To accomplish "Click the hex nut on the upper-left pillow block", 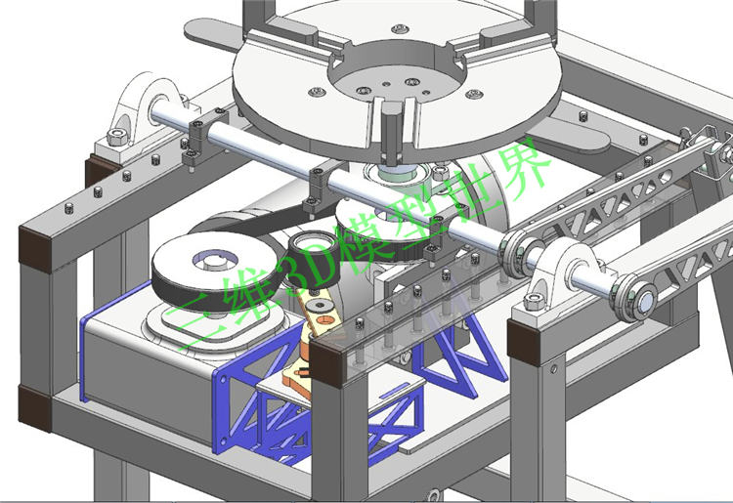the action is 115,138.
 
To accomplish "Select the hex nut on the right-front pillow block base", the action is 533,302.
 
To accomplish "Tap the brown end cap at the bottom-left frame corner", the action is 33,407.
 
